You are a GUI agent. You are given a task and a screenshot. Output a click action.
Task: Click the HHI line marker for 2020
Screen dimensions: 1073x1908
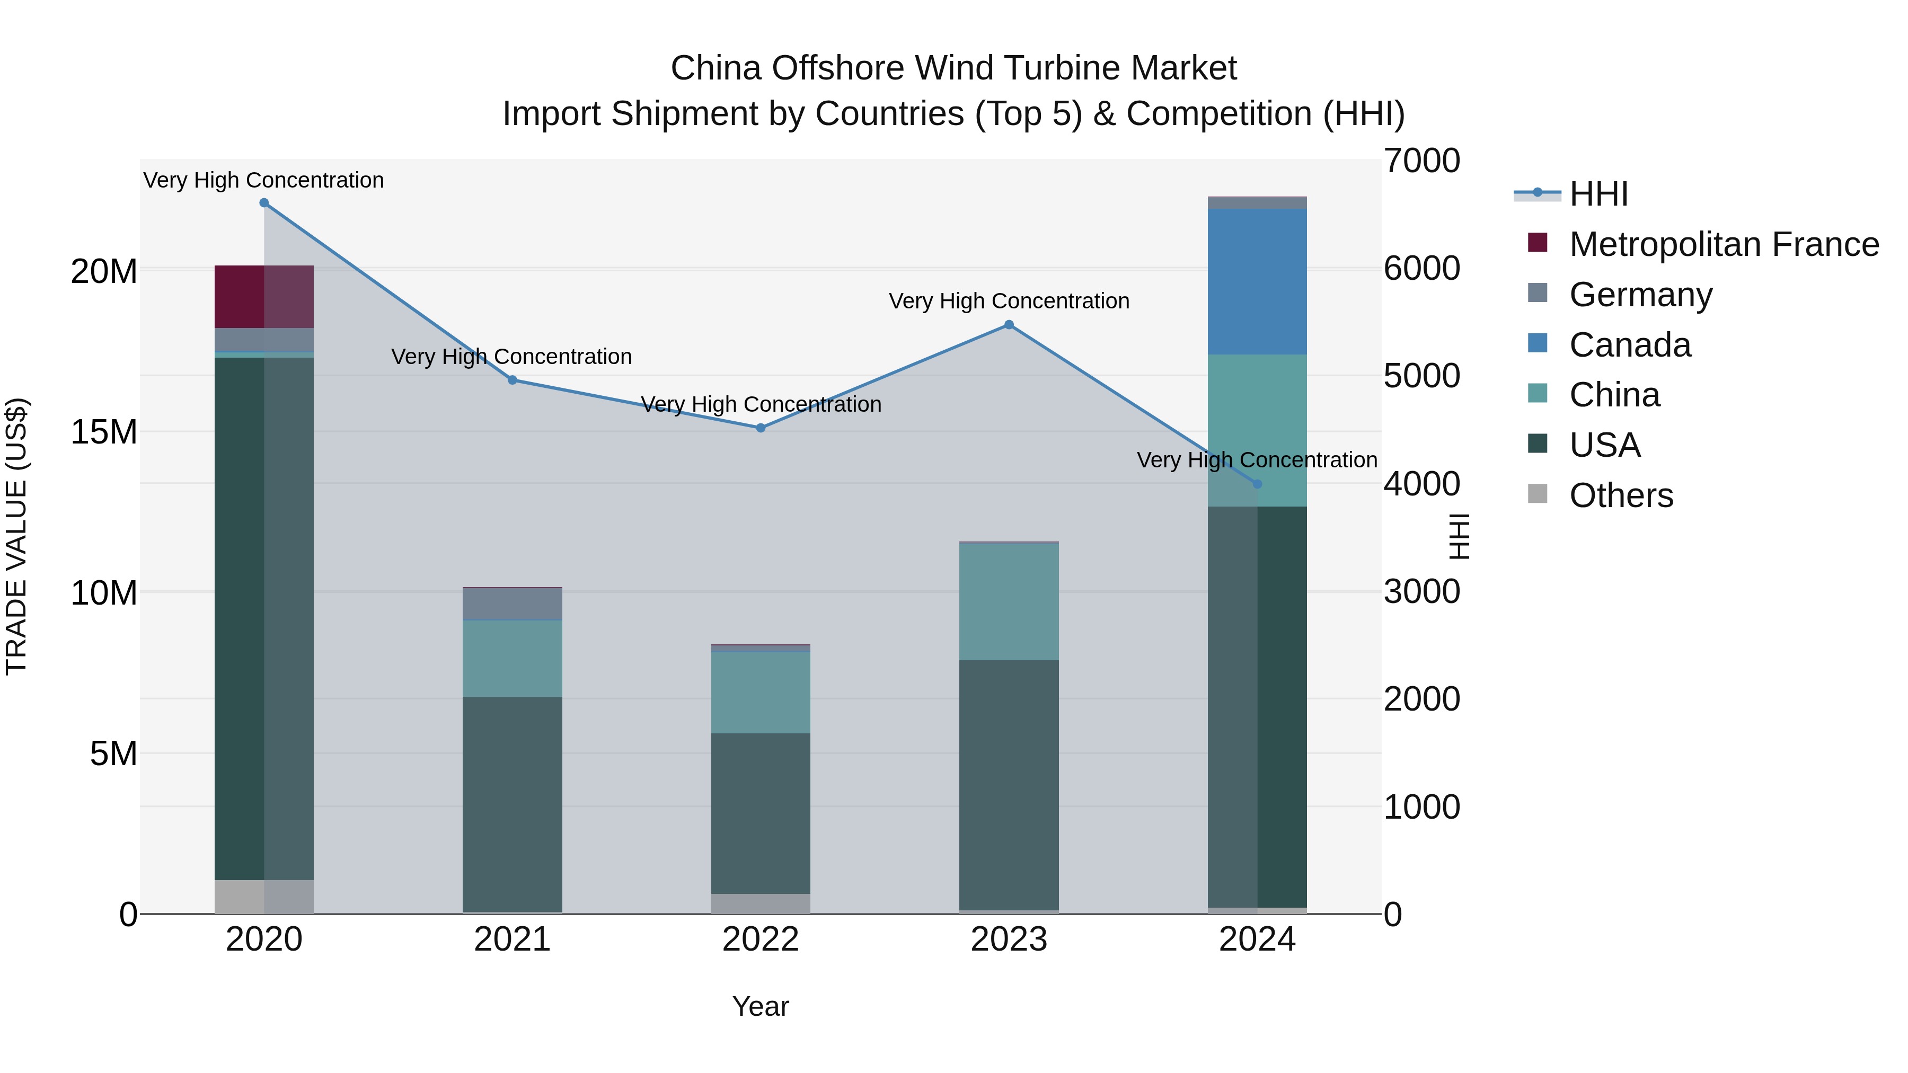tap(264, 203)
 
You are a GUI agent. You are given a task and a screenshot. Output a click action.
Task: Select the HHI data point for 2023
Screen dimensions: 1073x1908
tap(1009, 324)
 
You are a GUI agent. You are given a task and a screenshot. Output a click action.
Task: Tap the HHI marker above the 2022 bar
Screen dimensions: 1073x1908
tap(761, 428)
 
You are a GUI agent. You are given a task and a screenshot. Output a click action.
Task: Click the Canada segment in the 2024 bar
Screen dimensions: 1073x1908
tap(1257, 281)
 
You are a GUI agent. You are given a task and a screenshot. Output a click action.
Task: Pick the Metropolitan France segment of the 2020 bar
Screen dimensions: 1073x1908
tap(264, 296)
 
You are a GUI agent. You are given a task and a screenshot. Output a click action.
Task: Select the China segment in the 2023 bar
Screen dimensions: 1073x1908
tap(1009, 601)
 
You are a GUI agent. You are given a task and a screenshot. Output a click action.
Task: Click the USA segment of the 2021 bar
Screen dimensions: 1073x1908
tap(512, 803)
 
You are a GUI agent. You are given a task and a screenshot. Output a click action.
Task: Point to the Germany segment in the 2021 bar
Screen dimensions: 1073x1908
tap(512, 604)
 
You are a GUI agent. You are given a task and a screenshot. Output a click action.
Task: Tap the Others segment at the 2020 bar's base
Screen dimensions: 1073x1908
tap(264, 897)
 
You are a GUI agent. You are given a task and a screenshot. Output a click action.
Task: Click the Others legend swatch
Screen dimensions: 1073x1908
tap(1538, 494)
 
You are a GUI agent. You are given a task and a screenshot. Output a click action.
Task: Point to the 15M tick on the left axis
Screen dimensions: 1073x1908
tap(104, 432)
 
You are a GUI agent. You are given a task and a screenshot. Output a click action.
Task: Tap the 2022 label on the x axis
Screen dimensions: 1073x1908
tap(761, 939)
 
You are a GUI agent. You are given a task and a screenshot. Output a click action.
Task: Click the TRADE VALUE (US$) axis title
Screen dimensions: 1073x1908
tap(16, 536)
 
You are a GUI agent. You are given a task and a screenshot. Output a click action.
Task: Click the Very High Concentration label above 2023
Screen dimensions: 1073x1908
tap(1009, 301)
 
